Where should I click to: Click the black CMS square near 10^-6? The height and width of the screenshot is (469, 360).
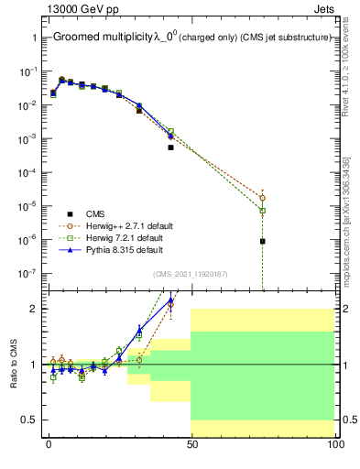[263, 241]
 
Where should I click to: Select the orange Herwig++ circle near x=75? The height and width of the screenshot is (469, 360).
[263, 197]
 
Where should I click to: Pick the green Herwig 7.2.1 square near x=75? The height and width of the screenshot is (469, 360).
[263, 211]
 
